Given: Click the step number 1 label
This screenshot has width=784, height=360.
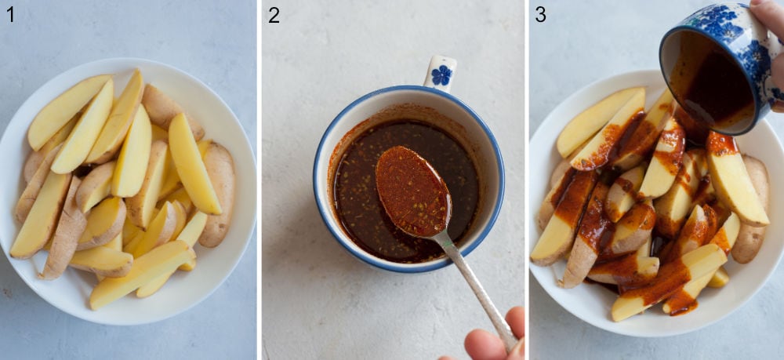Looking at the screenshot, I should pos(10,14).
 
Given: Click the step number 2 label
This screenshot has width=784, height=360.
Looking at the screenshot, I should pos(274,14).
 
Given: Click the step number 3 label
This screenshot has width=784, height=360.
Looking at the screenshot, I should pos(540,14).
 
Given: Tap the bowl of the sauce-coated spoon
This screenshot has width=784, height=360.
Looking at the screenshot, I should pos(412,191).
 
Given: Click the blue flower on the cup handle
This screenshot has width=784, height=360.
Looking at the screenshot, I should pos(442,75).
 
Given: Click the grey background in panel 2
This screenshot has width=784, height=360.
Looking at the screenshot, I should pos(314,314).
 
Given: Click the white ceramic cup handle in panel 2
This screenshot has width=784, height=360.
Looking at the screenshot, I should pos(440,71).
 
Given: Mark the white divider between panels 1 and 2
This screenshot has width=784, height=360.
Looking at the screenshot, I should pos(259,180).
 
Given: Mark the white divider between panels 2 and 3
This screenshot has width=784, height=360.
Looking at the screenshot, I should pos(526,180).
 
